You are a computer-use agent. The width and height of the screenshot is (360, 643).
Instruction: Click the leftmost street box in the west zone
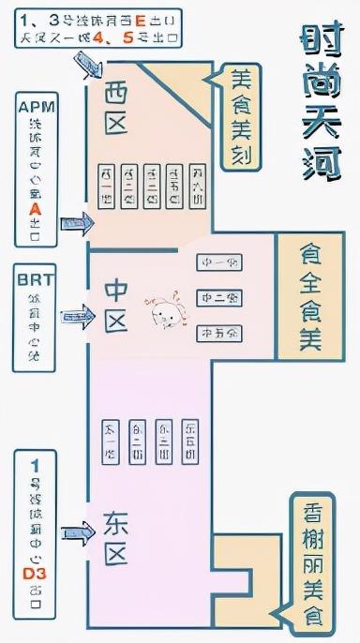106,186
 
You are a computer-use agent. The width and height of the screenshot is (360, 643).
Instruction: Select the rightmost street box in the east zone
191,439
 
